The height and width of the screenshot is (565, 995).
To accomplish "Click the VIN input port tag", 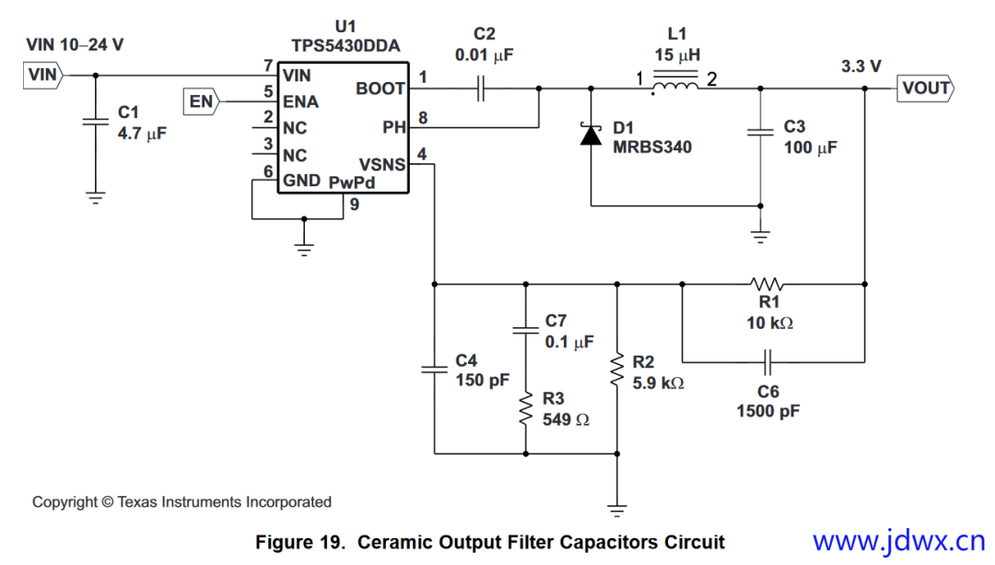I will coord(42,76).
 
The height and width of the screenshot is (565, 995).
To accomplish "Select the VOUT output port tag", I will coord(924,88).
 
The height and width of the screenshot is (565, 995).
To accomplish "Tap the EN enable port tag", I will coord(202,101).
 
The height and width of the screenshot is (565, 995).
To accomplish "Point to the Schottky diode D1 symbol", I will coord(591,135).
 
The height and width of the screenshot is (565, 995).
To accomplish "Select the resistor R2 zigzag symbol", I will coord(617,369).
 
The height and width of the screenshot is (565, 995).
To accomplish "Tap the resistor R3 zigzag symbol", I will coord(525,407).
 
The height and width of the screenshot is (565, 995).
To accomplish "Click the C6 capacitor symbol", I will coord(767,360).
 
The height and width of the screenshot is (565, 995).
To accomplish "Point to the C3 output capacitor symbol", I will coord(760,133).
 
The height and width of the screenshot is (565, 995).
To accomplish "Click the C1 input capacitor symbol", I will coord(95,121).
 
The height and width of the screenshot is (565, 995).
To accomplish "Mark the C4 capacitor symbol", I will coord(435,369).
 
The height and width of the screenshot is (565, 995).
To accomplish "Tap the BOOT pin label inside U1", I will coord(380,88).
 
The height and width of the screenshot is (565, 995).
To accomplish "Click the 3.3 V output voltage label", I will coord(860,66).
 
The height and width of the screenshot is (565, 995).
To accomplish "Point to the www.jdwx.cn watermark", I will coord(898,540).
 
